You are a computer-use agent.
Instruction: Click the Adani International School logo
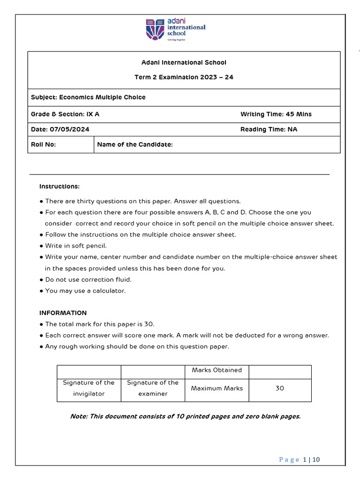(x=176, y=30)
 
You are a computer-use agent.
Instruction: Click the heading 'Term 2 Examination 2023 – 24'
(x=184, y=77)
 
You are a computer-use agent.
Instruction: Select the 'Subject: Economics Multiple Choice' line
(x=88, y=97)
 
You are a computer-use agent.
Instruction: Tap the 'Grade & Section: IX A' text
(x=65, y=114)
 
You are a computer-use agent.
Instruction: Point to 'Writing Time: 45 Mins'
(x=276, y=114)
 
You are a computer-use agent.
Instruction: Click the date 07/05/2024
(x=60, y=129)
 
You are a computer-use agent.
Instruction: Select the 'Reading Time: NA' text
(x=269, y=129)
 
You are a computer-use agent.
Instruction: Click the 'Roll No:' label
(x=43, y=145)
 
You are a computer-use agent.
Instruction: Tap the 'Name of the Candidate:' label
(x=135, y=145)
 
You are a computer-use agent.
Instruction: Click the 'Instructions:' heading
(x=60, y=187)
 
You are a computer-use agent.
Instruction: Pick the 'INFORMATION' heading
(x=63, y=313)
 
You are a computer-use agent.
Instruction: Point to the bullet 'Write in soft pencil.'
(x=76, y=246)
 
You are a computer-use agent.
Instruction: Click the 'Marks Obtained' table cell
(x=217, y=370)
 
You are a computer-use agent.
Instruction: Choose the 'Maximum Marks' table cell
(x=217, y=389)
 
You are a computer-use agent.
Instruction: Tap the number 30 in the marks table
(x=280, y=389)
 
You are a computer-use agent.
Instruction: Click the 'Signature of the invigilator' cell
(x=89, y=388)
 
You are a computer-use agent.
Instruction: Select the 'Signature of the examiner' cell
(x=153, y=388)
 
